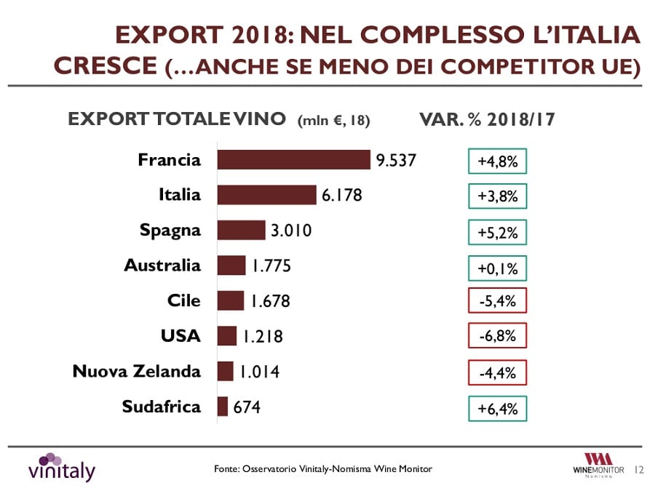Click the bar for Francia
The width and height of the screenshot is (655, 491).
pyautogui.click(x=294, y=160)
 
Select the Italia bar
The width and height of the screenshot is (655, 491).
pyautogui.click(x=266, y=195)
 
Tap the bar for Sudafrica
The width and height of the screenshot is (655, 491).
pyautogui.click(x=223, y=407)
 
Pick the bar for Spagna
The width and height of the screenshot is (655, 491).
pyautogui.click(x=241, y=230)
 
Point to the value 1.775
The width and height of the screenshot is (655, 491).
pyautogui.click(x=271, y=266)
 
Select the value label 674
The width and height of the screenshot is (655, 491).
pyautogui.click(x=247, y=407)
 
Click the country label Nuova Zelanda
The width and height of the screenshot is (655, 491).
pyautogui.click(x=137, y=372)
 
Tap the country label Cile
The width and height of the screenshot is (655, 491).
pyautogui.click(x=183, y=301)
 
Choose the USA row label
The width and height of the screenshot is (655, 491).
pyautogui.click(x=180, y=336)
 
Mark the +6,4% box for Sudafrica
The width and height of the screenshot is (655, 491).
pyautogui.click(x=496, y=409)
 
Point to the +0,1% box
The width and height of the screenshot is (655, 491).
pyautogui.click(x=496, y=268)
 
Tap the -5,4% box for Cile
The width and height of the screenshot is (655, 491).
pyautogui.click(x=496, y=301)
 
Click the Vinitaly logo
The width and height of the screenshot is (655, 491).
pyautogui.click(x=62, y=467)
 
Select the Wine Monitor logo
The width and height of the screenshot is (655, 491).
pyautogui.click(x=598, y=465)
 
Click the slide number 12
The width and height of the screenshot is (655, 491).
pyautogui.click(x=640, y=470)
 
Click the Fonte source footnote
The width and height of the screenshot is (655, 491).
pyautogui.click(x=323, y=469)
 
